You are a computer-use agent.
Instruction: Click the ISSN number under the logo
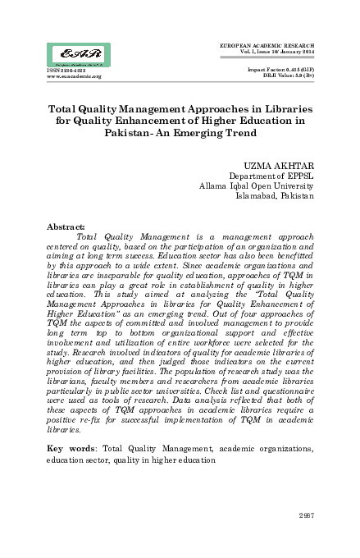[x=47, y=71]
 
